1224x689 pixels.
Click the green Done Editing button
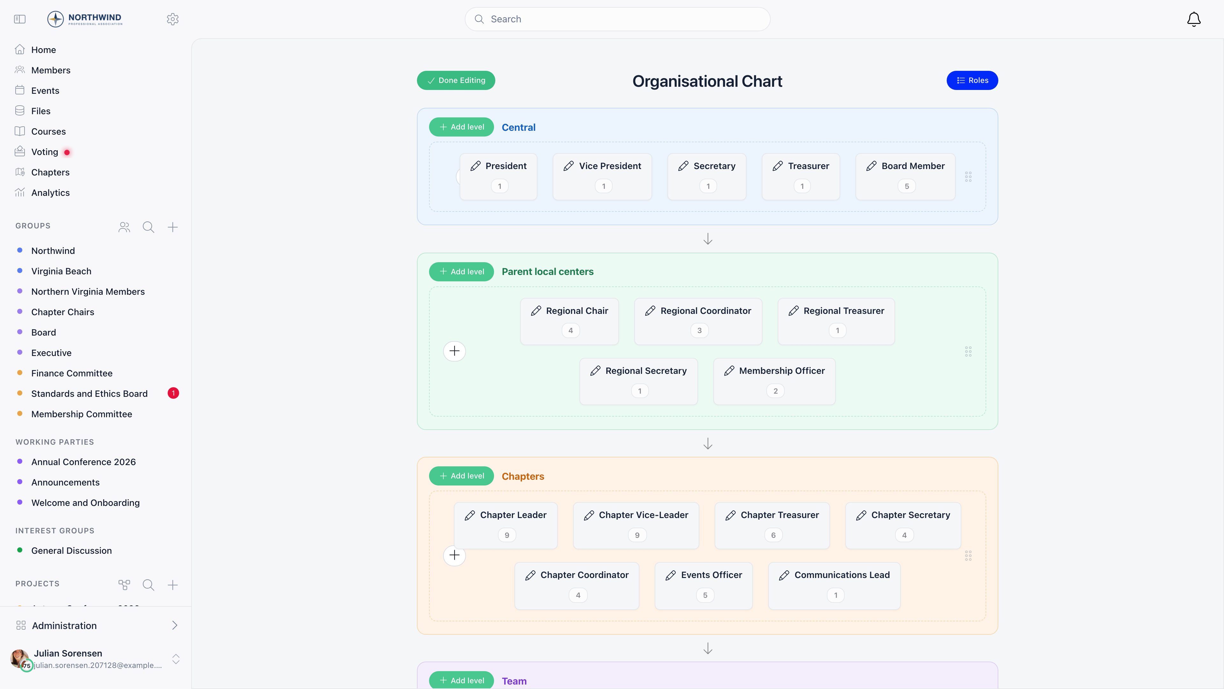click(x=456, y=80)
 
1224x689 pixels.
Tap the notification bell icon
click(x=1194, y=19)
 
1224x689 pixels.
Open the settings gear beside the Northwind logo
click(x=172, y=19)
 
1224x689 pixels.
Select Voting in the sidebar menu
click(x=45, y=152)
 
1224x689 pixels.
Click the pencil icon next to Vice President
click(x=568, y=166)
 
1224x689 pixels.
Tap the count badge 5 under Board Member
click(x=907, y=186)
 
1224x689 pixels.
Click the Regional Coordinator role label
click(x=706, y=311)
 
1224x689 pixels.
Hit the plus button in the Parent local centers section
click(x=454, y=352)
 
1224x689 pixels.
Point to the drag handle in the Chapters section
click(x=968, y=556)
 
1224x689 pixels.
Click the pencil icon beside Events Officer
click(x=670, y=575)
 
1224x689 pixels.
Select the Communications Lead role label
click(x=842, y=575)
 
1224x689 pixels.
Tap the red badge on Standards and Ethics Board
click(x=173, y=393)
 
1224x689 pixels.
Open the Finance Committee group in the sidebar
click(x=72, y=373)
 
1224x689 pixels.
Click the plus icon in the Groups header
click(x=172, y=227)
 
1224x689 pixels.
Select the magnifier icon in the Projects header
click(x=148, y=585)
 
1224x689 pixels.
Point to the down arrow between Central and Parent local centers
click(x=708, y=239)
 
